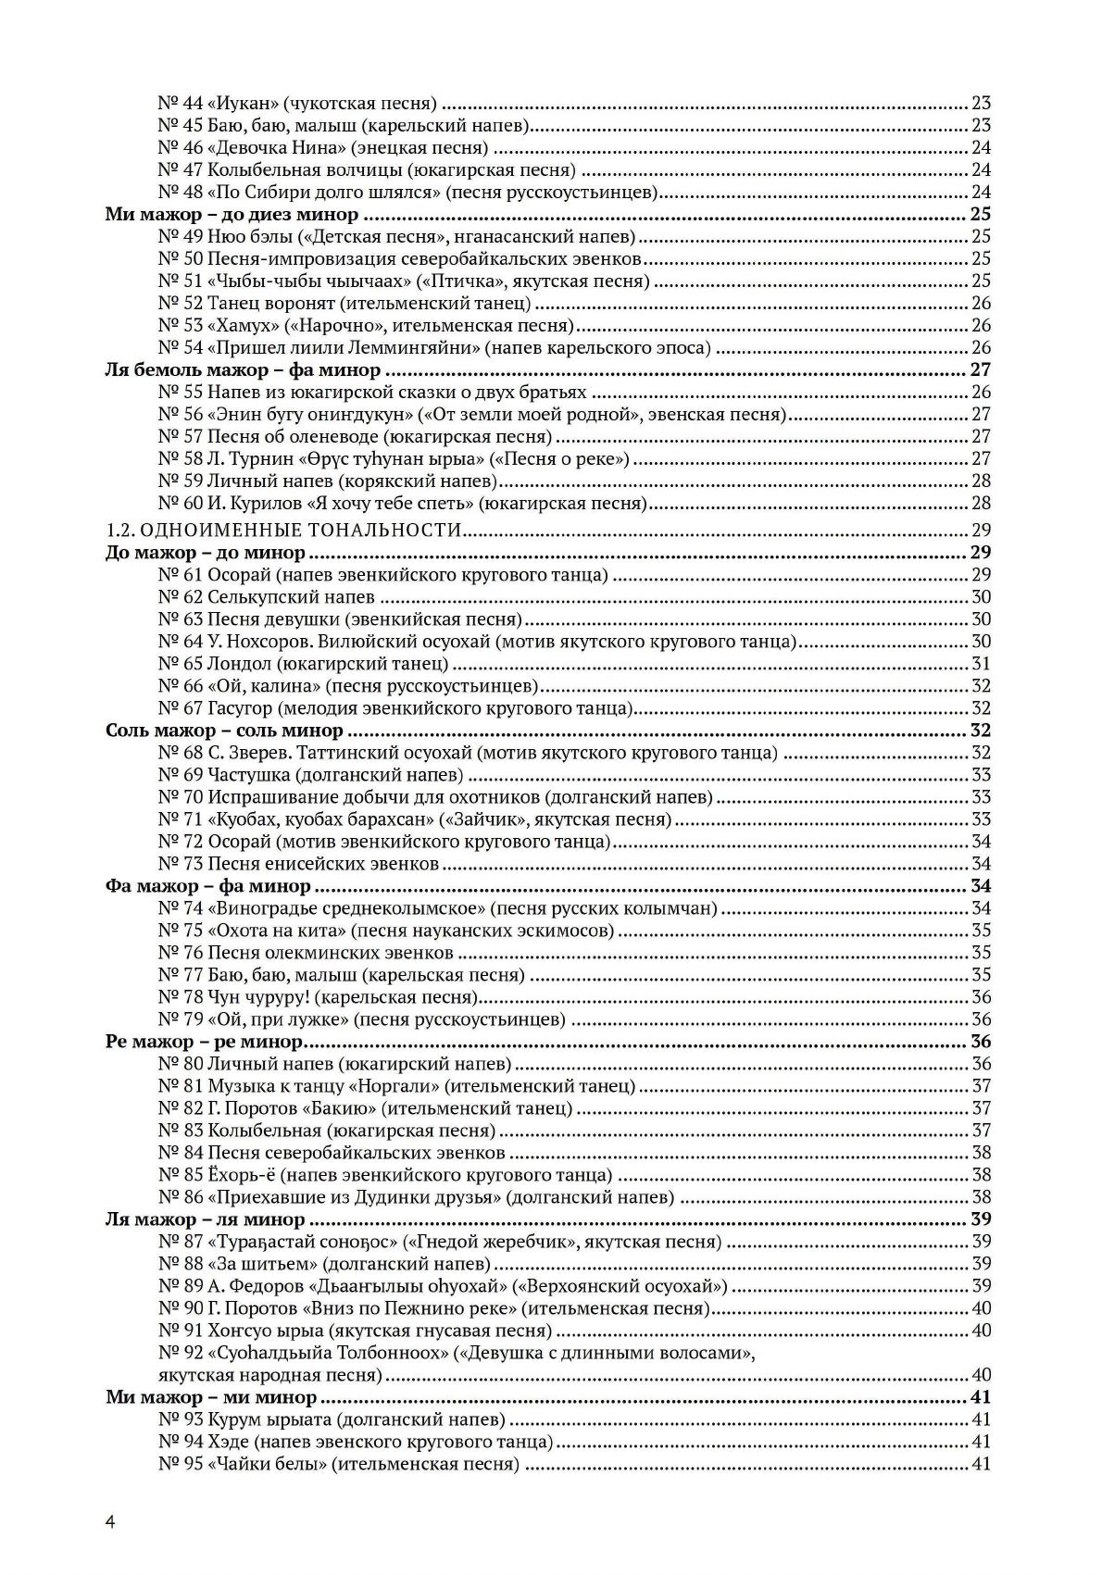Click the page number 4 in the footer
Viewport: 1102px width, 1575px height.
(110, 1522)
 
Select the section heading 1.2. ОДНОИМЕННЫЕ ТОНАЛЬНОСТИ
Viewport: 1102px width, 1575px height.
(283, 530)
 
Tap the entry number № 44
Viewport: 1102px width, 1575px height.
(180, 103)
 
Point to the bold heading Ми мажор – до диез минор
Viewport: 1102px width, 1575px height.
(232, 215)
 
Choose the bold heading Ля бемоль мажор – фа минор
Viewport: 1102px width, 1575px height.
(243, 370)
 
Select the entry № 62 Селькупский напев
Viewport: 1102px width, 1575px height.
(266, 597)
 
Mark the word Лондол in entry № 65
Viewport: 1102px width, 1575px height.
(237, 664)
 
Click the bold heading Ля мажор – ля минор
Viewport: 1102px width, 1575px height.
(205, 1219)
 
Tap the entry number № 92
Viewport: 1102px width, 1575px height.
(180, 1354)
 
